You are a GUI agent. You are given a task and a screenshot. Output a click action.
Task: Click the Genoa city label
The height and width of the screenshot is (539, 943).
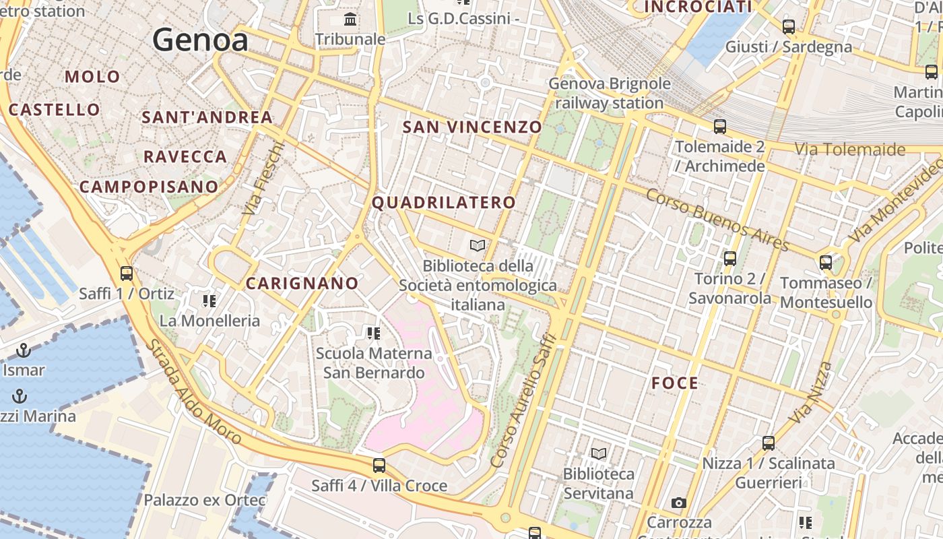tap(200, 40)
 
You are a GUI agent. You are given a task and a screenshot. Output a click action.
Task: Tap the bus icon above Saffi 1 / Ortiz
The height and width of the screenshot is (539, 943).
tap(127, 274)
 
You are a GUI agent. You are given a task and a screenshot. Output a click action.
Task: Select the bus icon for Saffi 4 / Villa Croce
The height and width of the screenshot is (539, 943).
tap(379, 465)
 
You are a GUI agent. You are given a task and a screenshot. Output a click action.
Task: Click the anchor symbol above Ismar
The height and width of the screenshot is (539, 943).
tap(24, 350)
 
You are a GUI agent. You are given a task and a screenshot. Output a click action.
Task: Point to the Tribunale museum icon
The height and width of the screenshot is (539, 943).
tap(350, 19)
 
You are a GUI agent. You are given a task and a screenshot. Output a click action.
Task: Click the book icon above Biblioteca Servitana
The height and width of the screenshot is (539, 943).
tap(598, 453)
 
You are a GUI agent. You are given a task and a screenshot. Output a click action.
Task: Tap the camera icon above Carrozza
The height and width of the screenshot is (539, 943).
tap(679, 503)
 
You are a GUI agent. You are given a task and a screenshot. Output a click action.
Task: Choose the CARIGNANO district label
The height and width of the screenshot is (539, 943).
tap(302, 284)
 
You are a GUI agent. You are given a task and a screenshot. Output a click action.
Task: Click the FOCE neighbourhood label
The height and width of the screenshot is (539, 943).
tap(675, 383)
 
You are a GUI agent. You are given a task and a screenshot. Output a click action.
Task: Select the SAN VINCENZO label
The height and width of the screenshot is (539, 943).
tap(472, 127)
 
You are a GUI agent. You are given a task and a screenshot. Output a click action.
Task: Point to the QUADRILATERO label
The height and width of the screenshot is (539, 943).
tap(444, 202)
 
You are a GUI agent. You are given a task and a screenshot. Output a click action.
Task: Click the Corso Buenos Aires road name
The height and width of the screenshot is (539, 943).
tap(717, 219)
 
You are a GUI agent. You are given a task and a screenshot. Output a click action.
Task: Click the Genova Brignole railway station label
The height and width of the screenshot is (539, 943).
tap(610, 93)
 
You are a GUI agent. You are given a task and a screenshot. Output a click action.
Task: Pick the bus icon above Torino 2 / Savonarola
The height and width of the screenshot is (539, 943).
tap(730, 258)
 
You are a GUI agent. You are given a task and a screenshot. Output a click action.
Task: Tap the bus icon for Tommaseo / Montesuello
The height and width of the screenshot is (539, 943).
tap(826, 263)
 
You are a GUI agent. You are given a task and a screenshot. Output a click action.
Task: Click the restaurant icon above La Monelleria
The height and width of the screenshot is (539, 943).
tap(209, 300)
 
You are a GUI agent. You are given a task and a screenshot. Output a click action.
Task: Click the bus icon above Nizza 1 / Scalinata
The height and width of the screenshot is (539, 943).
tap(769, 443)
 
